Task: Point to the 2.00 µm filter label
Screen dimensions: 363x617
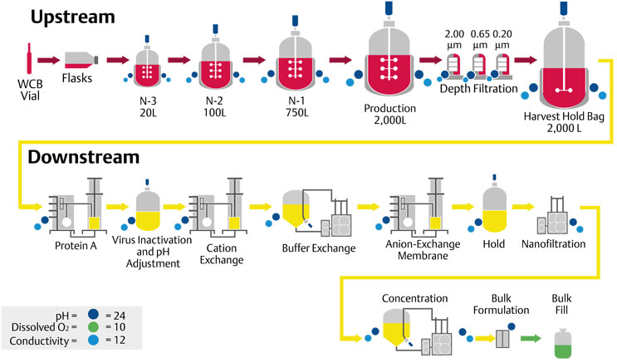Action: point(453,37)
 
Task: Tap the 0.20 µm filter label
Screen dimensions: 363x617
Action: point(502,37)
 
